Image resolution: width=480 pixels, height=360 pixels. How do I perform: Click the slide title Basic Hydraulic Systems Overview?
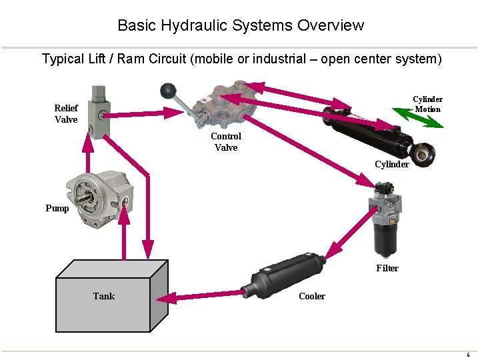point(241,25)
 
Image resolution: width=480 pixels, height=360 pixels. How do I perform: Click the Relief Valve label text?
point(66,114)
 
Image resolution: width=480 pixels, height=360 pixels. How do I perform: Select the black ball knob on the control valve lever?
point(167,89)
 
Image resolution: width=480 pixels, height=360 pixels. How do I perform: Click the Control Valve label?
point(226,141)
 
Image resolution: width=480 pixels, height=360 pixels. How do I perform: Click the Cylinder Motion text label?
point(427,104)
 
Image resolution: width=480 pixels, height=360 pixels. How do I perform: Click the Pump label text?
point(57,208)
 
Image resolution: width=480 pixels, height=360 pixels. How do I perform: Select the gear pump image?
point(97,199)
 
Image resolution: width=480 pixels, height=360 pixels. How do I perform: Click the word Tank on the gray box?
point(104,296)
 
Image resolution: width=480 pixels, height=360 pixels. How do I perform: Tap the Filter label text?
point(387,268)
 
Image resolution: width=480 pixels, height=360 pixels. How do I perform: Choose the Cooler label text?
point(312,296)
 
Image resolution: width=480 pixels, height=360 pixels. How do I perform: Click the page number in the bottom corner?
point(468,355)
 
